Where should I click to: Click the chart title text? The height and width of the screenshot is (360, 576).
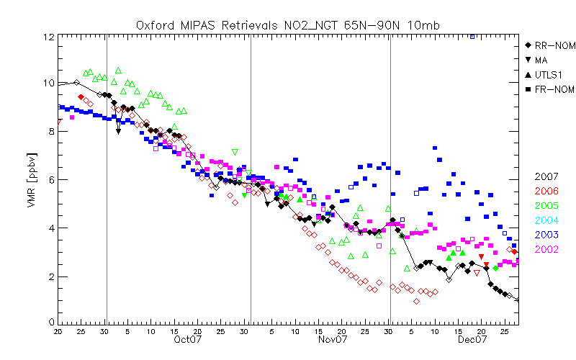pos(288,25)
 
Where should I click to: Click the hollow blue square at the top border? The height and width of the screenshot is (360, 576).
pos(472,35)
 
